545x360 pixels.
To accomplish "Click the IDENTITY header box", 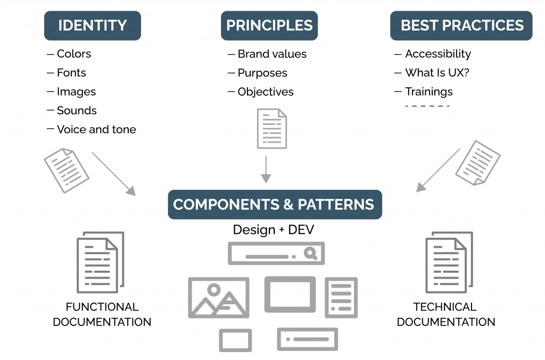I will [92, 26].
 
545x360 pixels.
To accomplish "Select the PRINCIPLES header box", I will [269, 26].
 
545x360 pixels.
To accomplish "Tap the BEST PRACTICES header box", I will [461, 26].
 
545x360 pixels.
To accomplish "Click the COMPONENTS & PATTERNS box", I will [275, 205].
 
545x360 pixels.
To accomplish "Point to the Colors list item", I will [73, 54].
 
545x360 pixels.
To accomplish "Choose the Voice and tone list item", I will [96, 129].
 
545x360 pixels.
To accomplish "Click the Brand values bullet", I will [271, 54].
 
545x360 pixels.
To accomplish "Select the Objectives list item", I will [265, 91].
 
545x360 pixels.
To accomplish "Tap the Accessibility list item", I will [437, 54].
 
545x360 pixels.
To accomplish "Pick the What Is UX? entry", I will [437, 73].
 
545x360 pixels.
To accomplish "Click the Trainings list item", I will [428, 91].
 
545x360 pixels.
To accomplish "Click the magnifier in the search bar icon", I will [310, 254].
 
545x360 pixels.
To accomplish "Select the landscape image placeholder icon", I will [218, 297].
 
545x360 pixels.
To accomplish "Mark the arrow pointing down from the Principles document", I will [266, 170].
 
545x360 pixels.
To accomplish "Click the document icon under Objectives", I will [271, 128].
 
